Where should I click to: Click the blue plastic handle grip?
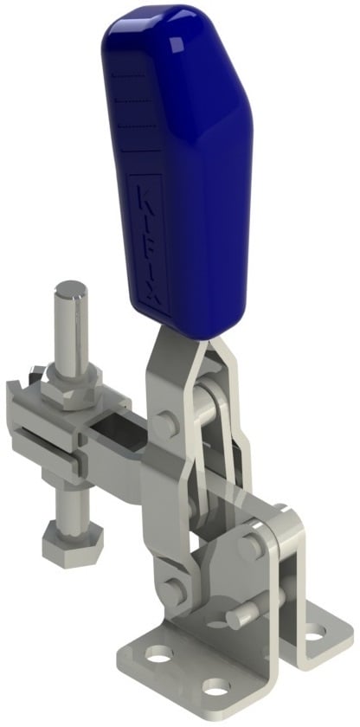pos(178,167)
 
